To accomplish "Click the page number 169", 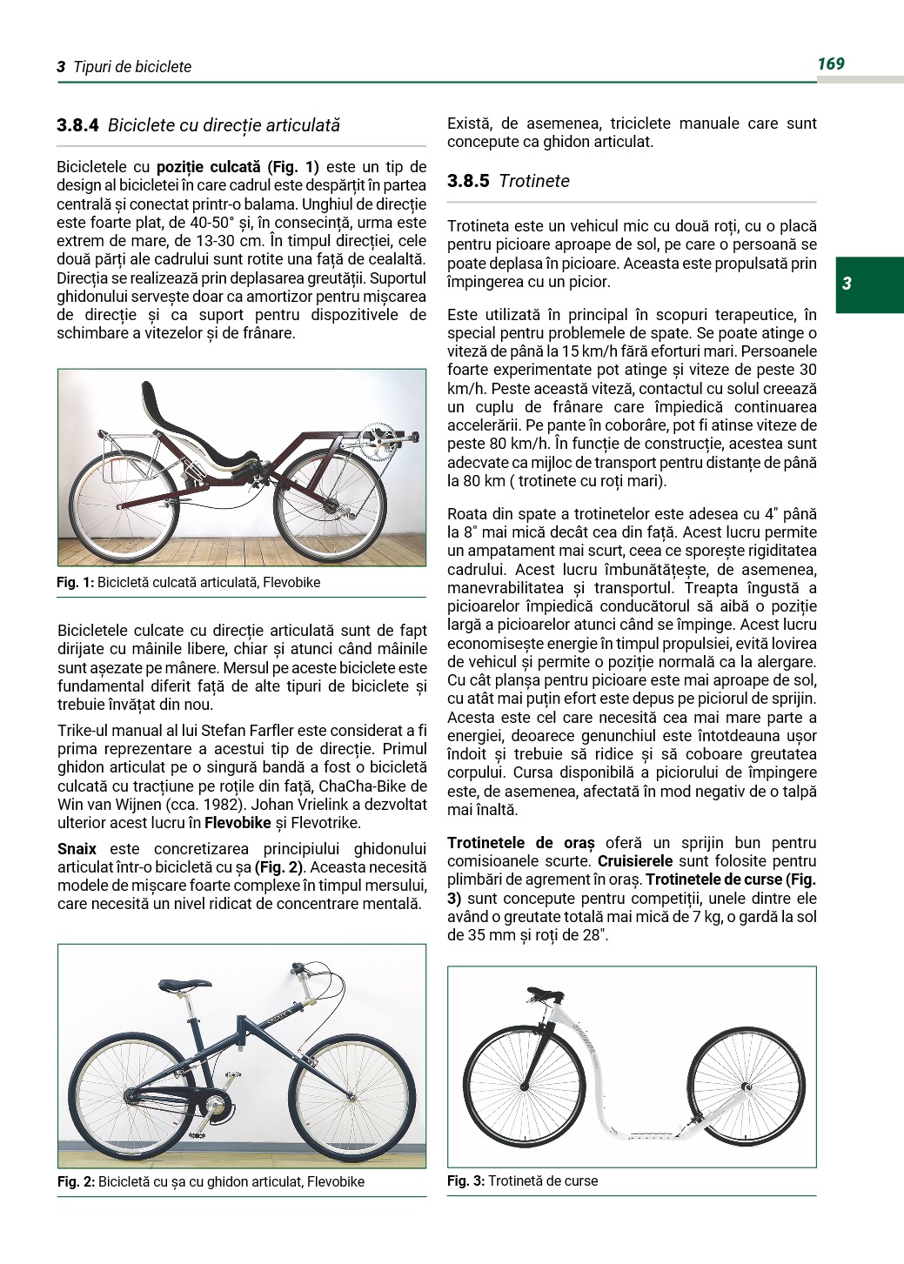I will (x=831, y=64).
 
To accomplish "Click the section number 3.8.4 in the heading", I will (x=77, y=125).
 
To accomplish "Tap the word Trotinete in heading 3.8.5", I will (x=534, y=181).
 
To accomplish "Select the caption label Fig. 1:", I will (x=75, y=583).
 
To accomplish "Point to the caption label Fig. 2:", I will (x=76, y=1181).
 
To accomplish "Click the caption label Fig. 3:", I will (x=465, y=1180).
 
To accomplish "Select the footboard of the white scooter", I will (x=648, y=1134).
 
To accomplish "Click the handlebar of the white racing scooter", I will (x=546, y=993).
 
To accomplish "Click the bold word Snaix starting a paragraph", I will (x=77, y=849).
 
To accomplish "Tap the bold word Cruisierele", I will (x=633, y=861).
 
